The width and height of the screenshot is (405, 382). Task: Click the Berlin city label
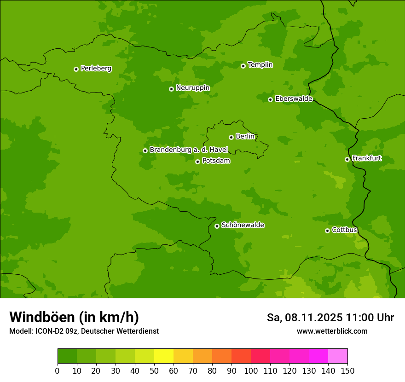point(245,136)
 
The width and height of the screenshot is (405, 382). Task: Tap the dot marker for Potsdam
point(197,162)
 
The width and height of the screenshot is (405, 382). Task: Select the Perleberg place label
point(96,69)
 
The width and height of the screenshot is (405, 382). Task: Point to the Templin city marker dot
point(243,66)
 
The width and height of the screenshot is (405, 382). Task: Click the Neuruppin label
point(192,87)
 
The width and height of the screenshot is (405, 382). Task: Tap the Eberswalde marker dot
point(270,99)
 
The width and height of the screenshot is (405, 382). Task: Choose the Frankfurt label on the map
point(367,158)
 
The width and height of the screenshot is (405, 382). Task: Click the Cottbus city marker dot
point(327,231)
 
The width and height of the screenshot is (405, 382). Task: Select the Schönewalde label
point(243,225)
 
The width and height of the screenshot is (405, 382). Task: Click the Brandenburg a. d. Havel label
point(189,150)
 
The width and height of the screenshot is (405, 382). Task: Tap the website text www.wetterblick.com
point(332,331)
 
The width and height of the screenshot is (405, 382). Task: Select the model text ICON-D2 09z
point(55,331)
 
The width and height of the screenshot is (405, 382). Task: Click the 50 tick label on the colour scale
point(154,370)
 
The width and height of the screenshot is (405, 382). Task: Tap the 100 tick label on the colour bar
point(251,370)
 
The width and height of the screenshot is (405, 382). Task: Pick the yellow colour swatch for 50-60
point(164,356)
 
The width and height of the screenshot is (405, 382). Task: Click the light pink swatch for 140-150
point(338,356)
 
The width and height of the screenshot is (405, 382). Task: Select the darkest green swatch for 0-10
point(67,356)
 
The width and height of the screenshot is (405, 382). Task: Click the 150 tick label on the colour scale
point(347,370)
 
